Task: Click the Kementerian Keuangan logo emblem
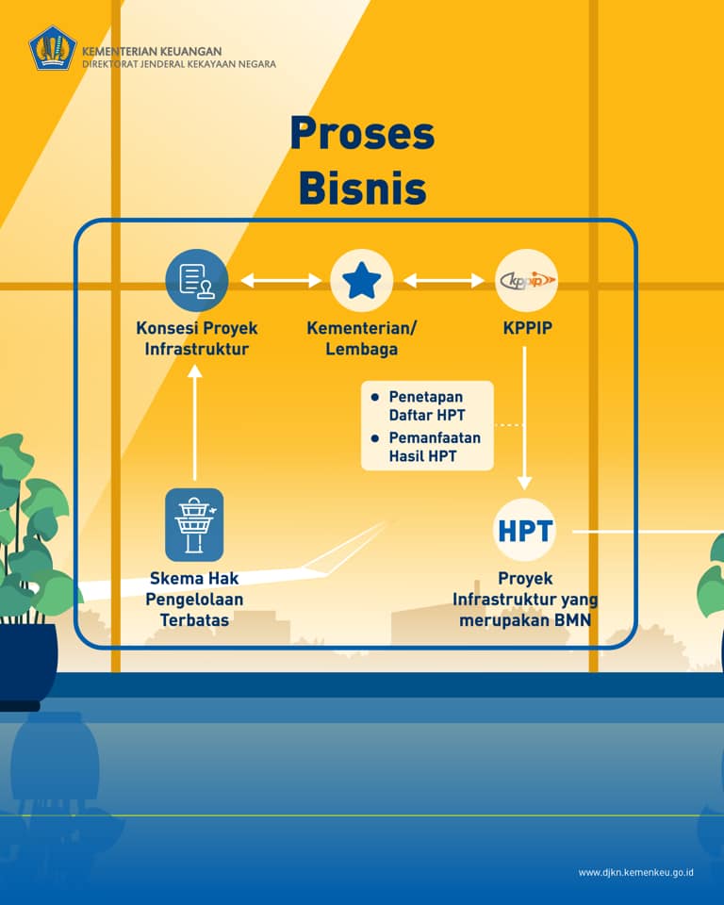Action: (x=53, y=48)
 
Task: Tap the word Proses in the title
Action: (x=362, y=134)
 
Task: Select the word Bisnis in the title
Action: (x=362, y=188)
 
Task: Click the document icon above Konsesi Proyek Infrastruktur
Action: (x=196, y=280)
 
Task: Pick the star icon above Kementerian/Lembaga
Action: (x=361, y=280)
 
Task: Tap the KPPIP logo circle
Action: (x=526, y=280)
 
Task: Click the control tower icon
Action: (x=195, y=524)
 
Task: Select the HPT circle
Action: (x=525, y=530)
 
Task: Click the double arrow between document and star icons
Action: (x=280, y=280)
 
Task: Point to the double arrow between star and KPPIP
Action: (x=443, y=280)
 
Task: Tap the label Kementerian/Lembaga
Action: (x=361, y=338)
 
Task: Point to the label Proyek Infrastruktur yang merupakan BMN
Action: (x=525, y=599)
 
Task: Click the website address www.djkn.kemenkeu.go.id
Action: (x=636, y=873)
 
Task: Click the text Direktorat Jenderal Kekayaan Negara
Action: (x=179, y=64)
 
